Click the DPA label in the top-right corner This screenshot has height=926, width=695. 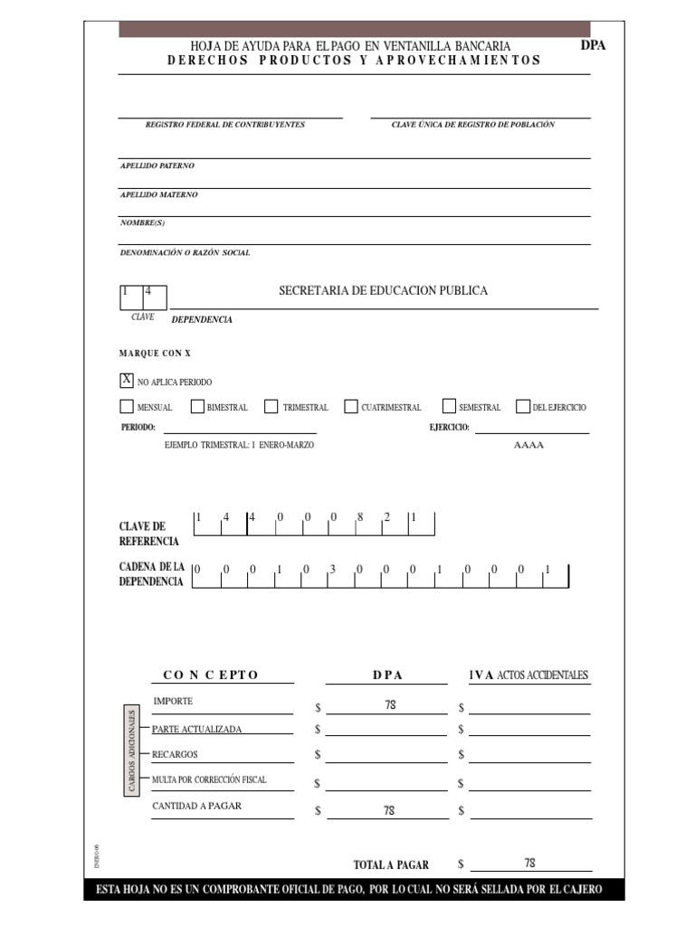[593, 44]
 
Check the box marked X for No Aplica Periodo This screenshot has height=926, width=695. [127, 380]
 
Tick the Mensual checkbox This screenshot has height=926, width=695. [127, 407]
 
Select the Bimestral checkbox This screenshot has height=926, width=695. [198, 407]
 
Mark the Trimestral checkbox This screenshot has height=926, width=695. [271, 407]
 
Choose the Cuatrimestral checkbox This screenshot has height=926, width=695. [351, 407]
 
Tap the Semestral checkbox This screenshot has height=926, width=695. [449, 407]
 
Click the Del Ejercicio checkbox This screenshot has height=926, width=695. [522, 407]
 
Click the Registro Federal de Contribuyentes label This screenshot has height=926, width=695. [224, 125]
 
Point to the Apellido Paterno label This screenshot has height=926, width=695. [157, 166]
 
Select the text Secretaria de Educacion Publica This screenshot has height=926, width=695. [383, 290]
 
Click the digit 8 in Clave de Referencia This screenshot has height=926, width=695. [359, 517]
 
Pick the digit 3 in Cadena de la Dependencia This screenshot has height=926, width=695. [332, 570]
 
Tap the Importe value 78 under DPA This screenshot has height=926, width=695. [390, 704]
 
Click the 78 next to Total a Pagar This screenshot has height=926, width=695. [530, 863]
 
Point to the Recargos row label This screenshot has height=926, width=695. [175, 754]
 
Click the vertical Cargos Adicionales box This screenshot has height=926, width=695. [131, 751]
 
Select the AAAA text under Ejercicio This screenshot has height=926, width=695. [528, 446]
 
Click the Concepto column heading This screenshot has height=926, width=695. [211, 675]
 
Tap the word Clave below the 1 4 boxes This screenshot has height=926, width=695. [143, 317]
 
